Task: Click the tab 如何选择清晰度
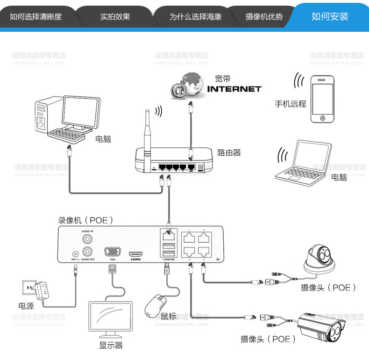(36, 17)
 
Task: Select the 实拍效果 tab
(115, 17)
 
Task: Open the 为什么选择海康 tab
(195, 17)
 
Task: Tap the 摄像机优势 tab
(264, 17)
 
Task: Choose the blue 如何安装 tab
(330, 17)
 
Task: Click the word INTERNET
(234, 89)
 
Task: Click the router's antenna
(147, 129)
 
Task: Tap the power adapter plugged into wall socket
(43, 290)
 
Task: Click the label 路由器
(229, 152)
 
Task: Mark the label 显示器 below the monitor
(111, 346)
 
